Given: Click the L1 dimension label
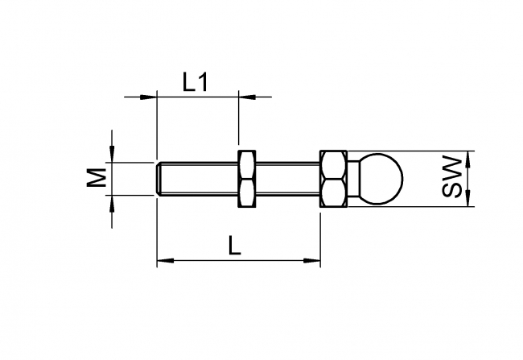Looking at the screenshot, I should coord(196,81).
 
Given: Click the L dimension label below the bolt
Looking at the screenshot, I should coord(234,246).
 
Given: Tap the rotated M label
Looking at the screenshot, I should coord(97,178).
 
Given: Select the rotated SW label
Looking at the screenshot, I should coord(453,178).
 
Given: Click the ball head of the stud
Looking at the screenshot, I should coord(379,178).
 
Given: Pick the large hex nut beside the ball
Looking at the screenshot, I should coord(333,178).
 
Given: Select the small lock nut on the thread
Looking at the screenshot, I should coord(246,178).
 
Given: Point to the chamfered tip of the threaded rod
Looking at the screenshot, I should coord(158,178).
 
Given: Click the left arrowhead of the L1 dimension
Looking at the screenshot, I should coord(148,97).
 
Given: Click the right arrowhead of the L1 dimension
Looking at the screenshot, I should coord(247,97).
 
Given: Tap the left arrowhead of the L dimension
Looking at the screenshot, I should coord(164,260).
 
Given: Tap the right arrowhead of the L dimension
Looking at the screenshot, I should coord(313,260).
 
